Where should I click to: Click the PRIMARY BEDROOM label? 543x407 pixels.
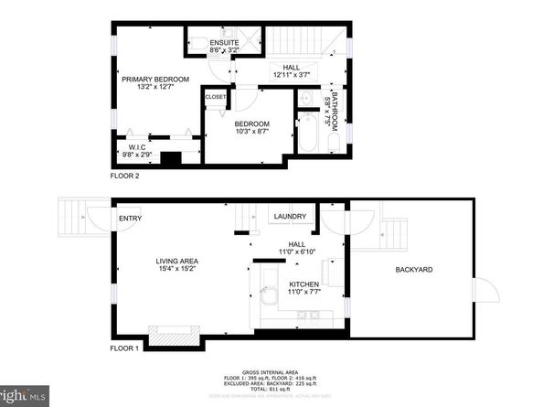(x=155, y=80)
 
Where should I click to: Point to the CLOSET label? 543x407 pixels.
(x=216, y=96)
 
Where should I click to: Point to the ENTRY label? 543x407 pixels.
(x=129, y=219)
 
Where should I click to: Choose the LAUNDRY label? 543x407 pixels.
(x=289, y=217)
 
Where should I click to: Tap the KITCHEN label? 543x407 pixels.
(x=303, y=284)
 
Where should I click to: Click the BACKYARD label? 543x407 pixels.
(x=413, y=270)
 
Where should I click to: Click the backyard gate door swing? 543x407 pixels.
(x=487, y=291)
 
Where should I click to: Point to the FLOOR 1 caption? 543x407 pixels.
(x=122, y=348)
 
